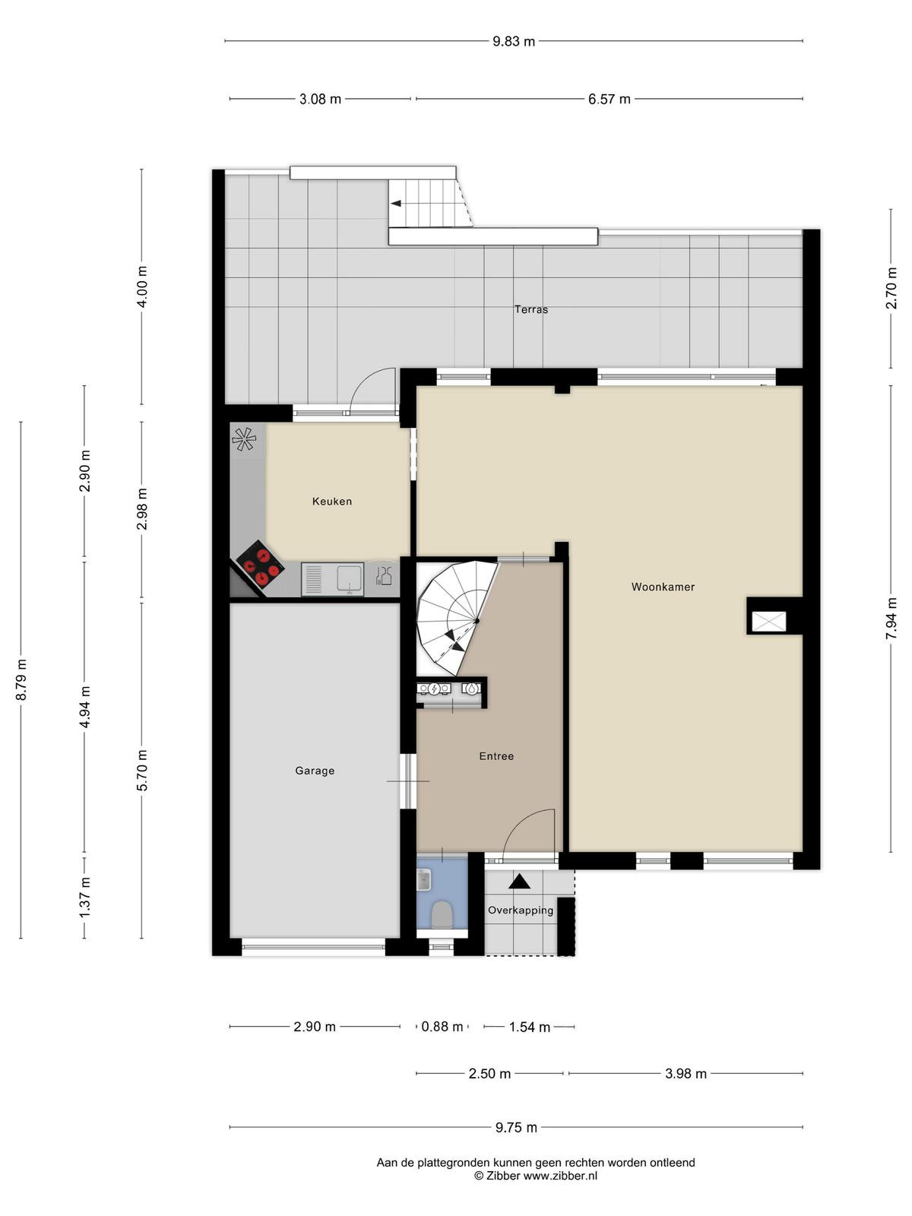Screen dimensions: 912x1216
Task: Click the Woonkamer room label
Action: [662, 587]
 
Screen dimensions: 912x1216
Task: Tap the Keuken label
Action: [331, 502]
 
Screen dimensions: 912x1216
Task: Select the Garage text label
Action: [315, 771]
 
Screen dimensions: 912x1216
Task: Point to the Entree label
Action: [496, 756]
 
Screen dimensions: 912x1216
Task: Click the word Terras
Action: [531, 309]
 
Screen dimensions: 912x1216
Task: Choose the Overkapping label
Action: [521, 910]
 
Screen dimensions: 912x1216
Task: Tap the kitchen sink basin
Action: [350, 579]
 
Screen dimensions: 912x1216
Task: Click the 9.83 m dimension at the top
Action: [514, 42]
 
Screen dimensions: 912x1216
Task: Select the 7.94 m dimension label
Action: [891, 618]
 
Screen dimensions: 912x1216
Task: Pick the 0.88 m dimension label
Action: [442, 1027]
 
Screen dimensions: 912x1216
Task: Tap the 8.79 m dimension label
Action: [21, 679]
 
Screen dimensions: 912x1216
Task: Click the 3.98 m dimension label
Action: [686, 1074]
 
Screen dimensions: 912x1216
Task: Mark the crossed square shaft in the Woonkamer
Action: [768, 622]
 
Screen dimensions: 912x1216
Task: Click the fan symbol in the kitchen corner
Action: [244, 439]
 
